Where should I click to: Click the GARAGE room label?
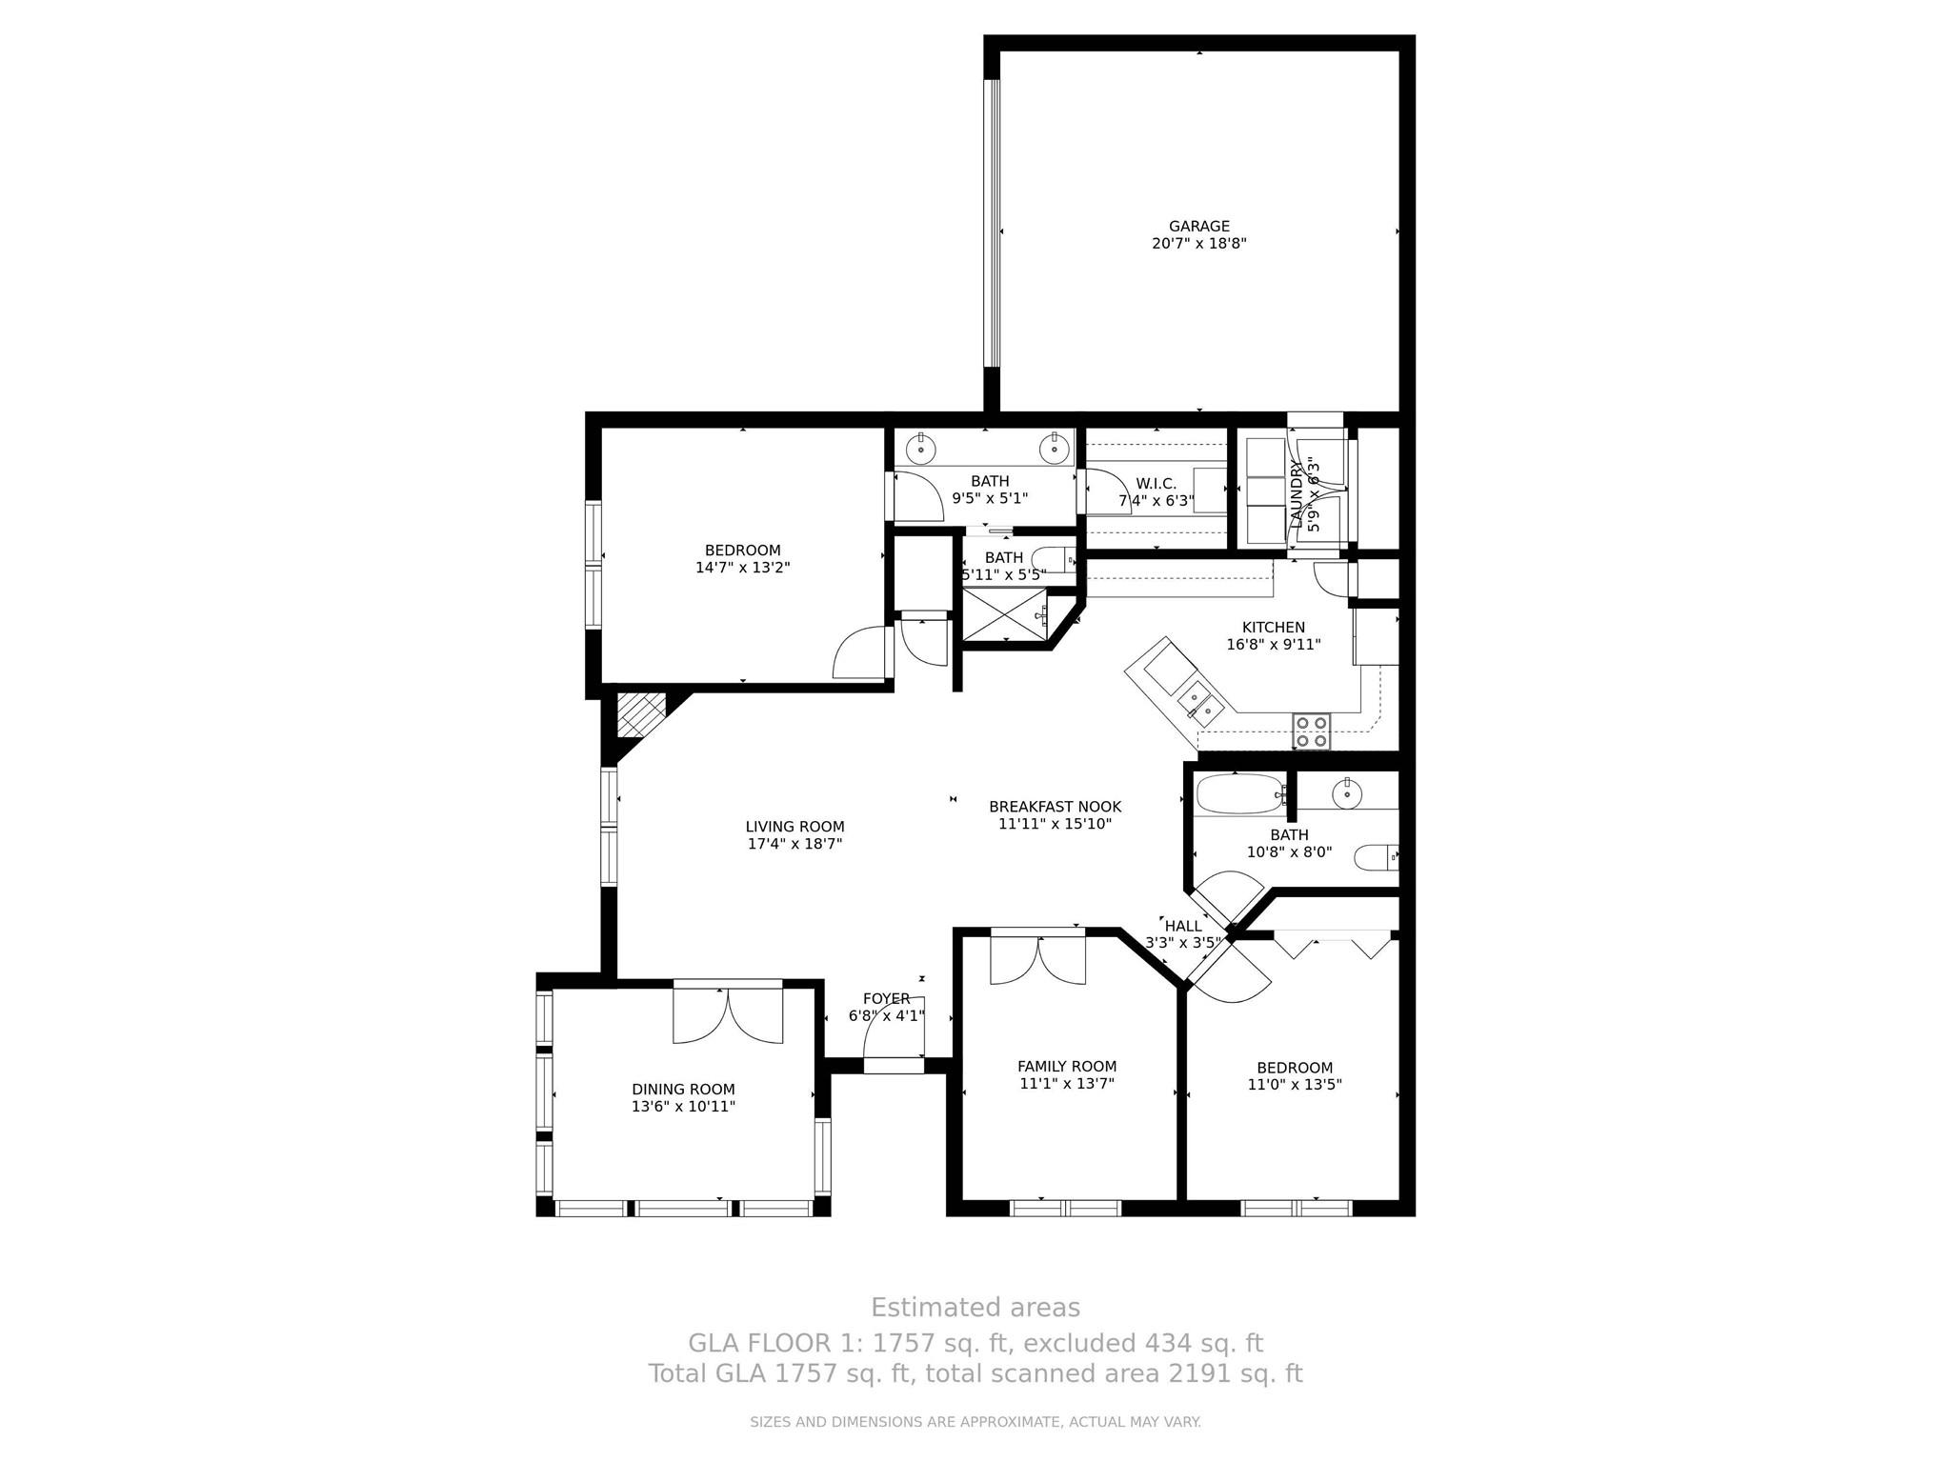click(x=1198, y=226)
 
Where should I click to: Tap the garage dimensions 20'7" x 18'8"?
click(x=1198, y=244)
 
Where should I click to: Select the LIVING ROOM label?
click(x=794, y=827)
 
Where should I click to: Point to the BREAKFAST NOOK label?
click(x=1055, y=807)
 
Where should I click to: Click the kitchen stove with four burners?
click(x=1311, y=731)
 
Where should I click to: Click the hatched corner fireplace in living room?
click(x=640, y=714)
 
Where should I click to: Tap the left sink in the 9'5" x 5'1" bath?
click(x=921, y=447)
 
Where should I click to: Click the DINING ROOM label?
click(x=683, y=1090)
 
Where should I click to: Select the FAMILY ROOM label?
click(x=1066, y=1067)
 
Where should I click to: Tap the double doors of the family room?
click(x=1037, y=960)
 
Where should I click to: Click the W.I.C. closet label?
click(x=1156, y=484)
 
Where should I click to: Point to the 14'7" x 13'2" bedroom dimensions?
click(x=742, y=568)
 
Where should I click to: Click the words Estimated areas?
click(x=975, y=1307)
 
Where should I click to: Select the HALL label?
click(x=1183, y=926)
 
